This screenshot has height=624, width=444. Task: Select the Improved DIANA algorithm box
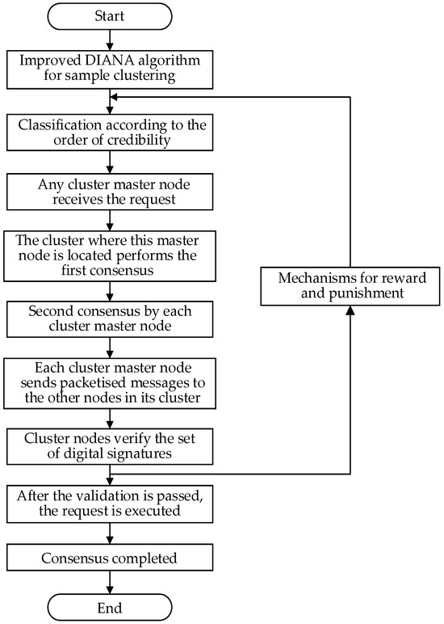(x=108, y=70)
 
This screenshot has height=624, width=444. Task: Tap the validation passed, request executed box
(x=108, y=504)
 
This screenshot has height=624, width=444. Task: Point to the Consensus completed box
(x=108, y=557)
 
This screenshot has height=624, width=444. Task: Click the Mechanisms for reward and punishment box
(x=349, y=287)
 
